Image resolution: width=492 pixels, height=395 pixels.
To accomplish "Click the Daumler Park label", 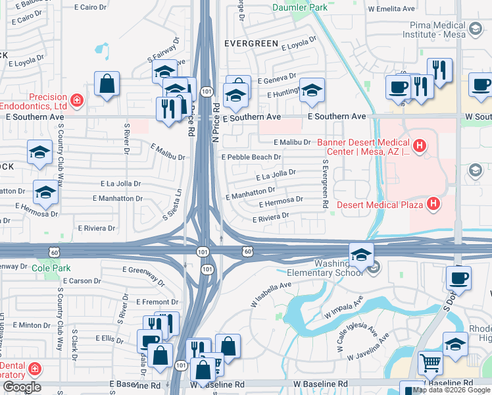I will tap(299, 8).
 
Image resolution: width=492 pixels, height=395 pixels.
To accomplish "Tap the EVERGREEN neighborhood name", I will tap(251, 43).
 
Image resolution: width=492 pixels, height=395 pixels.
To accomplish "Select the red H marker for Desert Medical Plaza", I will tap(433, 204).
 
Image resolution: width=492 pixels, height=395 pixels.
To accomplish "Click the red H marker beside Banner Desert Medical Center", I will tap(419, 144).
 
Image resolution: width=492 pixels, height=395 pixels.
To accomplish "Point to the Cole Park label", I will tap(47, 268).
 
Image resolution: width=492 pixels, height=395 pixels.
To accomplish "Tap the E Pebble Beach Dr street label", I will tap(251, 157).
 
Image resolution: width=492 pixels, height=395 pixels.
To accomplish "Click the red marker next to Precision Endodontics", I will tap(77, 100).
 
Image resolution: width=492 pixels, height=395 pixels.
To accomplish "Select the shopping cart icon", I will tap(430, 362).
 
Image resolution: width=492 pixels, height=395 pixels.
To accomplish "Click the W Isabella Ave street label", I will tap(270, 295).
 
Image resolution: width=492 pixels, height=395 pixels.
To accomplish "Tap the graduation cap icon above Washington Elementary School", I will tap(360, 254).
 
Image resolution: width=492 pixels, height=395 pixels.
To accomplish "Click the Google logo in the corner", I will tap(21, 387).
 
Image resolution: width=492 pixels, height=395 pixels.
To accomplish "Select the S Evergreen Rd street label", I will tap(324, 185).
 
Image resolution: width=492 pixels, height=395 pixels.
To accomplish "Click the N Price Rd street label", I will tap(215, 125).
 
